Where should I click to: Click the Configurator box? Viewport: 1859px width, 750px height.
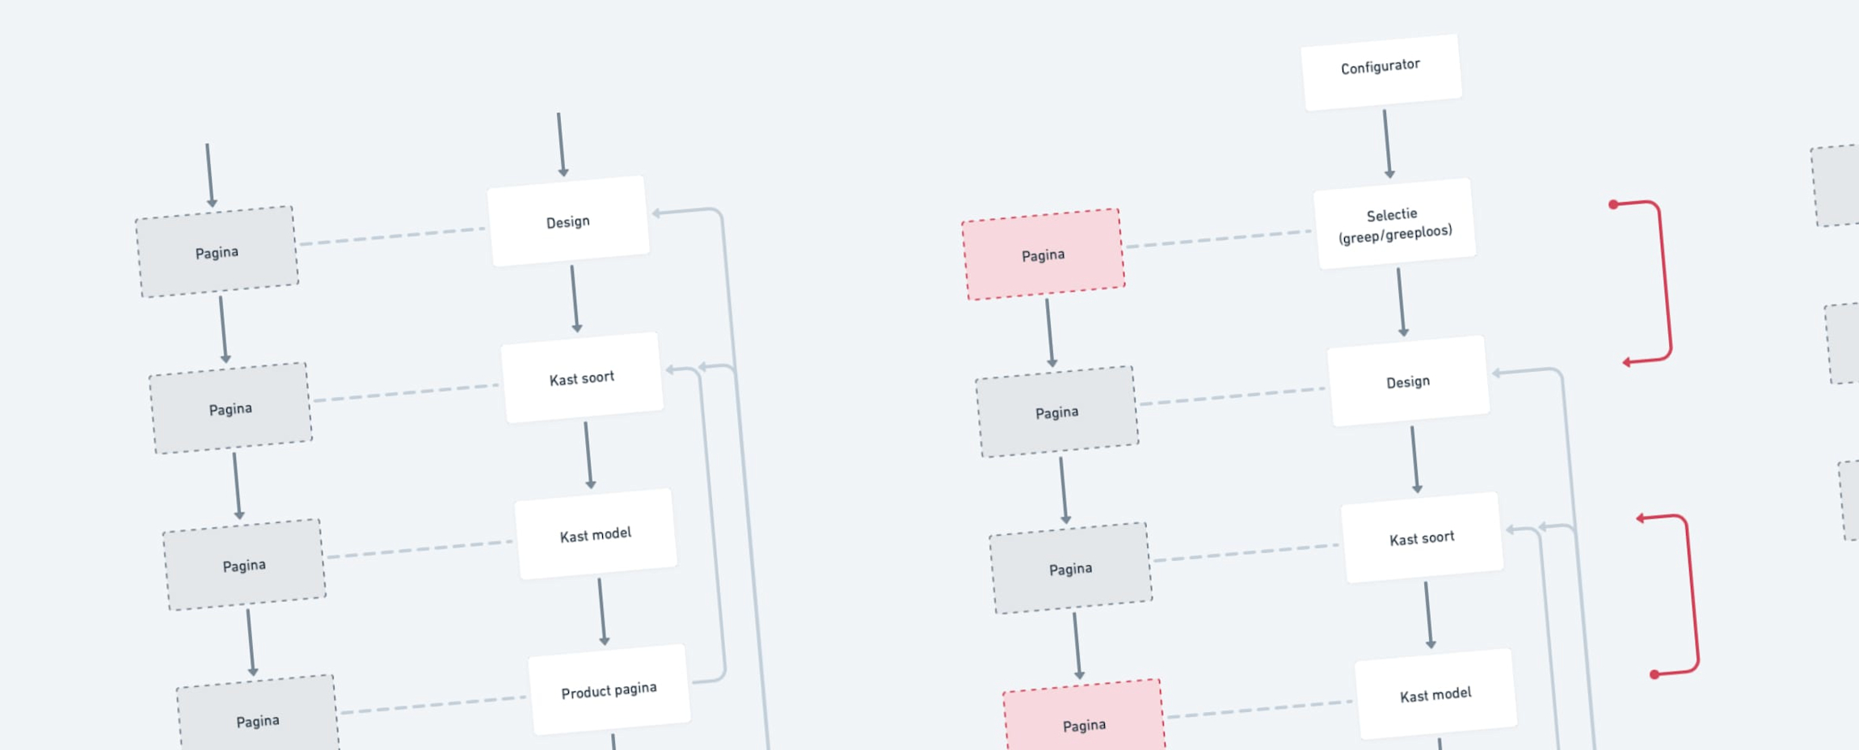click(x=1381, y=71)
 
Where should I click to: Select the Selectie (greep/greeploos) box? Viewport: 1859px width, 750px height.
click(x=1394, y=224)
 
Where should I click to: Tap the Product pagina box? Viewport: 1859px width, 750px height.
click(x=609, y=689)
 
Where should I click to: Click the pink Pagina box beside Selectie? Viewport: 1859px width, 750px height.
click(x=1043, y=255)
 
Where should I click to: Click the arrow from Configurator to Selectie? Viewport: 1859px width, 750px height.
click(x=1387, y=143)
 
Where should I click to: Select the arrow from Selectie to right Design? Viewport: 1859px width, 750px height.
click(x=1401, y=301)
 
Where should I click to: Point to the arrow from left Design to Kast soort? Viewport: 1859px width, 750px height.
click(x=575, y=298)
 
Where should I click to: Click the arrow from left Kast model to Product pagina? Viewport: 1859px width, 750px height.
click(x=601, y=610)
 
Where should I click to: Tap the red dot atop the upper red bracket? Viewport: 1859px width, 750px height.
click(x=1613, y=204)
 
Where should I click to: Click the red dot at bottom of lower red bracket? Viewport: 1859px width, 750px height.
click(x=1655, y=674)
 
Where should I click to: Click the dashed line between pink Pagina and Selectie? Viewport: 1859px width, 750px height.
click(x=1218, y=239)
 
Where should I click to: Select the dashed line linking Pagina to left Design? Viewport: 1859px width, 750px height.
click(x=392, y=236)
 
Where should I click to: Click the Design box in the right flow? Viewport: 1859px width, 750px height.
click(x=1408, y=381)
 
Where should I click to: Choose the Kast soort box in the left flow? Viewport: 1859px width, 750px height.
click(x=582, y=377)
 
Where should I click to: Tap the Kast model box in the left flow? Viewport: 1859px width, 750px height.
click(x=596, y=534)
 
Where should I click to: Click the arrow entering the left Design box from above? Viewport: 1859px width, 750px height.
click(x=561, y=144)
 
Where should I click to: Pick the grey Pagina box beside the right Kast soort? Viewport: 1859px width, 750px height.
click(x=1070, y=568)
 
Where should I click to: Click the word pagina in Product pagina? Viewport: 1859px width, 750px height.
click(x=634, y=689)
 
